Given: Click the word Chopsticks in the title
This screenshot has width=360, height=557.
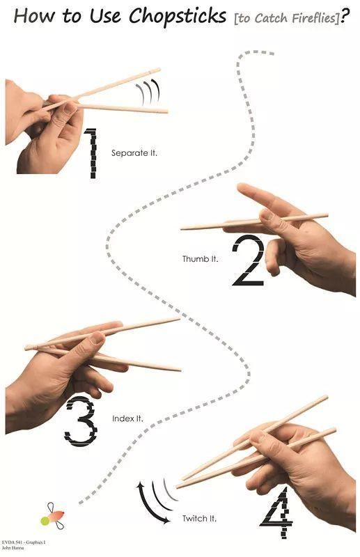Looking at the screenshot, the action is point(178,16).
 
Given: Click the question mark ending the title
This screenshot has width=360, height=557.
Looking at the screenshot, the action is point(345,15).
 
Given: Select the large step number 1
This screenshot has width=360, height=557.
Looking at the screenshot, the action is point(91,152).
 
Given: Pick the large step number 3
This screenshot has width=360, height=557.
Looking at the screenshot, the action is point(81,421).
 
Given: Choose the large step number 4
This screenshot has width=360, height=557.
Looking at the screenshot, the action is point(277,512).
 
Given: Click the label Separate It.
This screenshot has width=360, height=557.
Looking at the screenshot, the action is point(134,153).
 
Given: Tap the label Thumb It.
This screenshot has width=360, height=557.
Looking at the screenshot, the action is point(200,258).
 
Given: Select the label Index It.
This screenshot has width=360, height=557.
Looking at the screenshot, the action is point(127,418).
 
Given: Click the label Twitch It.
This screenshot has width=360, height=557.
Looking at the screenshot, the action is point(199,518).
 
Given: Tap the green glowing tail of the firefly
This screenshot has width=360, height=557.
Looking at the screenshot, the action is point(45,521).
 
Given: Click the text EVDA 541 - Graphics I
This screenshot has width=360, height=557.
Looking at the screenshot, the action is point(24,542).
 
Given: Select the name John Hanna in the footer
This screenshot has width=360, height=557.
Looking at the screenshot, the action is point(13,548).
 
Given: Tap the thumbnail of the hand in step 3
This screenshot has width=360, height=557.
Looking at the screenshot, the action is point(96,338).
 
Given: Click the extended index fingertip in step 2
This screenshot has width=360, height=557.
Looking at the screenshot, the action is point(243,187).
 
